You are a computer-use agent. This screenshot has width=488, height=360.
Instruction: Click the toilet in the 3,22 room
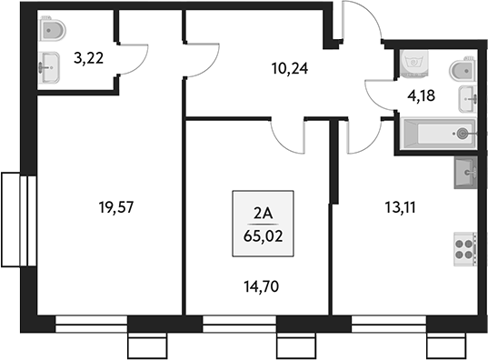tap(53, 32)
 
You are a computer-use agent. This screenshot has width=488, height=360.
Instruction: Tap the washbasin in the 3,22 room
tap(49, 65)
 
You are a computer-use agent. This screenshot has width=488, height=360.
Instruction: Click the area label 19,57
tap(115, 207)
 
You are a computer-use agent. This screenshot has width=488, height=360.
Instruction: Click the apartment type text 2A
tap(262, 215)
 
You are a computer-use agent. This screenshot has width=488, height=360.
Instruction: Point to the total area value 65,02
tap(262, 235)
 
